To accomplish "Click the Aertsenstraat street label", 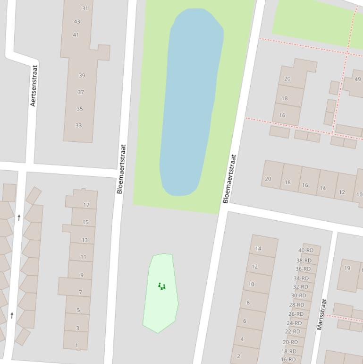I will click(33, 86).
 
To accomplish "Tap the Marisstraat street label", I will click(321, 314).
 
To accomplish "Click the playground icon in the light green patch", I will click(161, 286).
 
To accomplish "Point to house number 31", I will click(85, 8).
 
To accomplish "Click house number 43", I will click(77, 21).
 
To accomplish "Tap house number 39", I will click(82, 76).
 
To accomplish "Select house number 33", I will click(78, 125).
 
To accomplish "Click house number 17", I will click(86, 205).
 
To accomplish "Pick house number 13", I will click(84, 240).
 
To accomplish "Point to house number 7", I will click(80, 292).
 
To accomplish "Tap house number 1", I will click(76, 346).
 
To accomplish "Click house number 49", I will click(357, 79).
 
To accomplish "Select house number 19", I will click(347, 268).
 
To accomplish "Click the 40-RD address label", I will click(306, 250).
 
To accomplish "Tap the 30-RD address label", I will click(298, 295).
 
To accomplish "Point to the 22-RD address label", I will click(292, 331).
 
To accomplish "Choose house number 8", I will click(248, 303).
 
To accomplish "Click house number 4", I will click(242, 339).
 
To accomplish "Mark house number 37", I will click(81, 92).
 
